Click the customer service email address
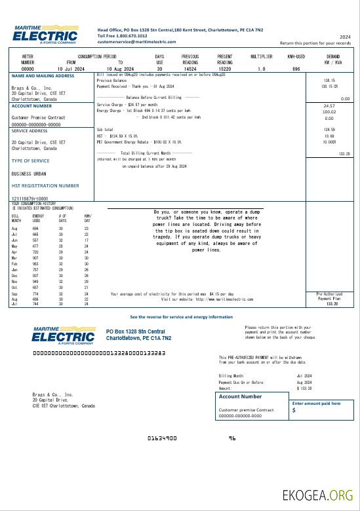[x=132, y=41]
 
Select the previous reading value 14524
[x=190, y=69]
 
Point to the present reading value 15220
[x=225, y=69]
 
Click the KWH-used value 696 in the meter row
[x=296, y=69]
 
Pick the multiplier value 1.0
[x=262, y=69]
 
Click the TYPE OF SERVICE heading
[x=30, y=161]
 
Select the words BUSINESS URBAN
[x=28, y=174]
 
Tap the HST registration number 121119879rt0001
[x=30, y=197]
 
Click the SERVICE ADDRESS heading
[x=29, y=130]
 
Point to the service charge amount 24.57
[x=329, y=105]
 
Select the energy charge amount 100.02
[x=329, y=112]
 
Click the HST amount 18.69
[x=329, y=135]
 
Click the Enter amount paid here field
[x=318, y=407]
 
